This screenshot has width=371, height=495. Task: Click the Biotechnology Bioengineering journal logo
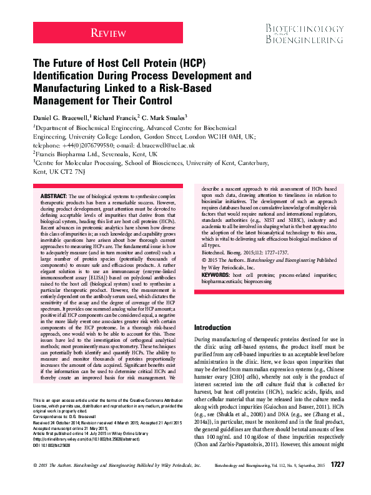[304, 35]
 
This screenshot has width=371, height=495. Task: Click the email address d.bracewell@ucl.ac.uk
[156, 143]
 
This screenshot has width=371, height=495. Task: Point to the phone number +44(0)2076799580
[86, 143]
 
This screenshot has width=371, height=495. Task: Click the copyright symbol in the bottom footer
[34, 482]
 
